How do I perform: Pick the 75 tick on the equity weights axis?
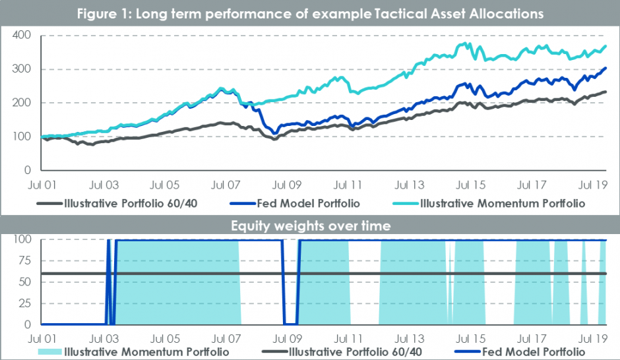coord(24,260)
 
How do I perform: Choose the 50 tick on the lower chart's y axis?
coord(24,282)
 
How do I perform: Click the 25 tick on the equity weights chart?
coord(24,303)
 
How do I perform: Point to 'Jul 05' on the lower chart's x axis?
coord(165,338)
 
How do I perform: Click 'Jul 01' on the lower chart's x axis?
coord(43,338)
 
